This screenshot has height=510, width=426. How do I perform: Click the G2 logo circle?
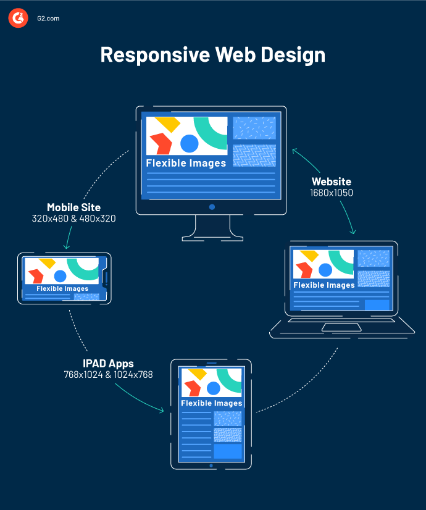tap(19, 18)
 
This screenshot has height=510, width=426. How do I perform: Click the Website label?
tap(332, 182)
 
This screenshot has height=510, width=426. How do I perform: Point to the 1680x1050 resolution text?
tap(332, 193)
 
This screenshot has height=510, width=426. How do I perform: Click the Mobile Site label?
tap(73, 207)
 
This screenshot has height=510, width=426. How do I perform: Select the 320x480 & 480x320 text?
tap(73, 219)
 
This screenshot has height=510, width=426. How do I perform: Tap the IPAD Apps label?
tap(108, 363)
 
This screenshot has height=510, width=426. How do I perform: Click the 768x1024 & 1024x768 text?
tap(108, 374)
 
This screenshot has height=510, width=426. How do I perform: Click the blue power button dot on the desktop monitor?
tap(212, 207)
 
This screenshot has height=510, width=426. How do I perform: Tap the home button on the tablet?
tap(211, 466)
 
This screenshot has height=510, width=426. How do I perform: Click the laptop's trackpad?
tap(341, 327)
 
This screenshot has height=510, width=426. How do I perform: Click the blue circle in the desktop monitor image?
tap(189, 144)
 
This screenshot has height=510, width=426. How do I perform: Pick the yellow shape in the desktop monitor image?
tap(167, 124)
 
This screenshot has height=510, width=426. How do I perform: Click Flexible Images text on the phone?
tap(62, 288)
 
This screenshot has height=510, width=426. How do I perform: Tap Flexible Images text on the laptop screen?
tap(324, 285)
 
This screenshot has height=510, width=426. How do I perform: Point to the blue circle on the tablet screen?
tap(213, 388)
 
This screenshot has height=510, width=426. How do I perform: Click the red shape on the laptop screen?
tap(303, 270)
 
